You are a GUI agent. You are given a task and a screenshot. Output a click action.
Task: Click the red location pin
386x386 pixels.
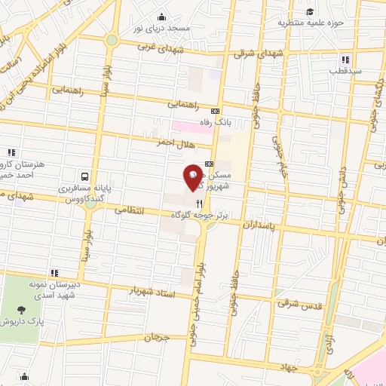193,176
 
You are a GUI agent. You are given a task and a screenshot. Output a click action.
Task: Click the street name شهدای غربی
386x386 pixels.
159,47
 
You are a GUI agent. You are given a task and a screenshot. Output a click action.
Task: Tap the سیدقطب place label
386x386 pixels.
344,71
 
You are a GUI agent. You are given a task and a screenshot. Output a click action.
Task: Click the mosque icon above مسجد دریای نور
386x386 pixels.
161,17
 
